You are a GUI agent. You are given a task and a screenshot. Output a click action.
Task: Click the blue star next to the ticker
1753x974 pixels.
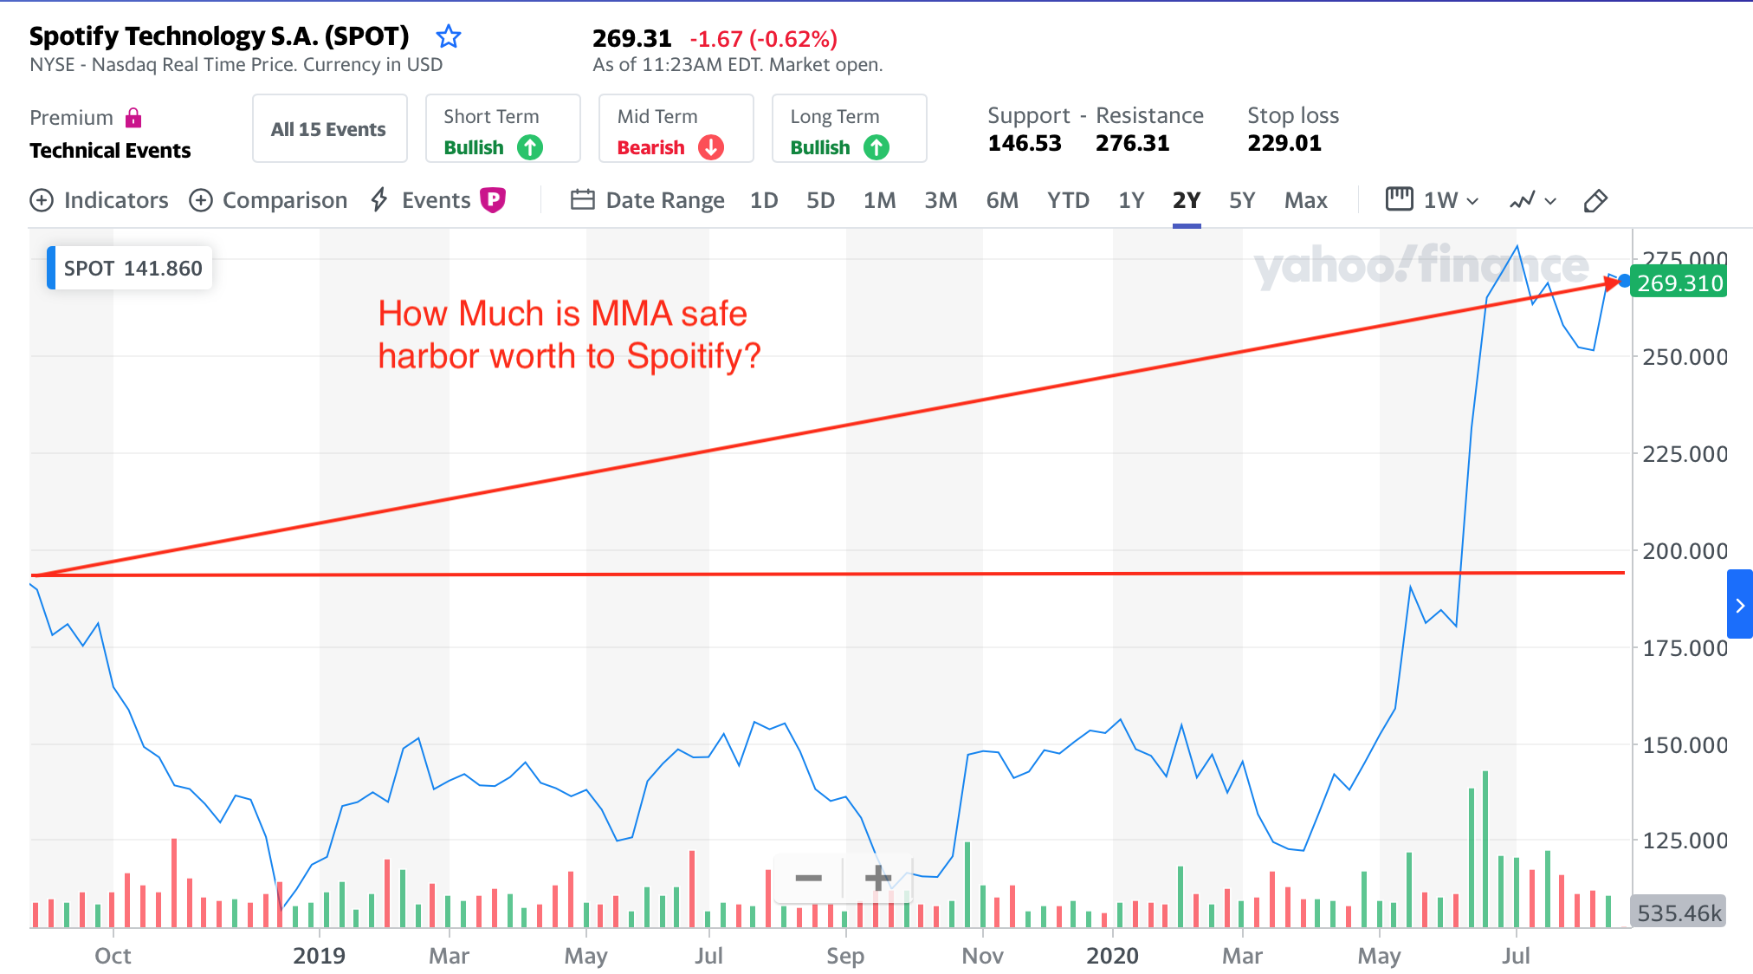[x=448, y=36]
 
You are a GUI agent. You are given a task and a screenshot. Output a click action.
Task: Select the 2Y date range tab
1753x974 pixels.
[x=1186, y=201]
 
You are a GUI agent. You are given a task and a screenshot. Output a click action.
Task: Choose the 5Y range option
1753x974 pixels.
[x=1241, y=201]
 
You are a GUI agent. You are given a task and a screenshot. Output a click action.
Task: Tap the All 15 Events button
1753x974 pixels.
[x=329, y=129]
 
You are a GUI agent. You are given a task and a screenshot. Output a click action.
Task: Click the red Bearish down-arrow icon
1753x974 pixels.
[x=711, y=147]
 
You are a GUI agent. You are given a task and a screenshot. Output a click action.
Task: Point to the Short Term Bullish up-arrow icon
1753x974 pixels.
[x=530, y=147]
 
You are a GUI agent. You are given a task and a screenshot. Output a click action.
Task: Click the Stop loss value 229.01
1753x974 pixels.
[x=1284, y=143]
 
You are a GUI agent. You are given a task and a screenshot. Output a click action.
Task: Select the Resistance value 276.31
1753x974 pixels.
[x=1132, y=143]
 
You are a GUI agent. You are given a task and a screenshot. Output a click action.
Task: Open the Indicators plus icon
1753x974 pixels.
[x=42, y=201]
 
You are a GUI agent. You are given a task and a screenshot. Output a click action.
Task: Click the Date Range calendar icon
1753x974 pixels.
[x=582, y=201]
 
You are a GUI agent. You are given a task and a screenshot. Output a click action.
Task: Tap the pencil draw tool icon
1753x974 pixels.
[x=1595, y=201]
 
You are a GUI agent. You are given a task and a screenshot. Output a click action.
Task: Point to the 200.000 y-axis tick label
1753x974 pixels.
[x=1684, y=551]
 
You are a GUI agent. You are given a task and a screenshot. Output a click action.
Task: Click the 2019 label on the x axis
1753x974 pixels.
[x=319, y=956]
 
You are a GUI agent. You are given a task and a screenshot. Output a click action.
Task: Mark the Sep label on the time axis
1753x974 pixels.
[x=844, y=956]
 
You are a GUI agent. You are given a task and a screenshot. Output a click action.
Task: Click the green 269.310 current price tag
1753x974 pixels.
[x=1679, y=283]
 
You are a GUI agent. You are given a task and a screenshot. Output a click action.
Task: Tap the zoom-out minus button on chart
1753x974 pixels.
[x=808, y=878]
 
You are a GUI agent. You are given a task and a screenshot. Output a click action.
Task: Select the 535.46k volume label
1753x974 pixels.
[x=1679, y=912]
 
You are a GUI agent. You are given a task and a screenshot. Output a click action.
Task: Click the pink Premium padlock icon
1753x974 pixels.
[x=133, y=118]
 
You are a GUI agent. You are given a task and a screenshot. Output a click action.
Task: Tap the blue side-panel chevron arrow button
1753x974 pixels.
[x=1739, y=605]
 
